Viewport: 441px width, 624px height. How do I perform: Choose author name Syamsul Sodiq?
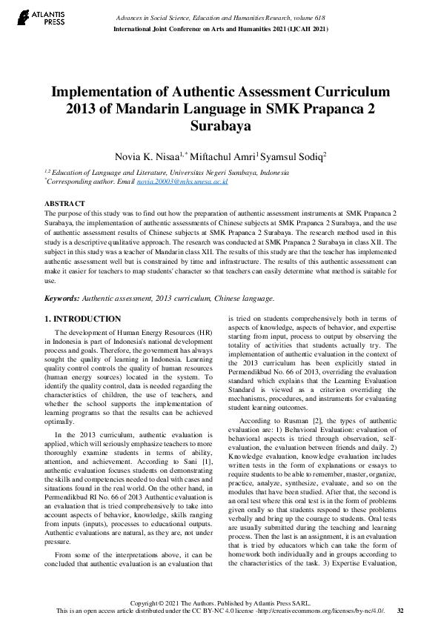tap(294, 156)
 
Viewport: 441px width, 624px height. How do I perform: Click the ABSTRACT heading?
tap(64, 203)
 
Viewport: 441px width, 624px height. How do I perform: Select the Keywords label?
tap(62, 298)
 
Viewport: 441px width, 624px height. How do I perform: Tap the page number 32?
tap(400, 611)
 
